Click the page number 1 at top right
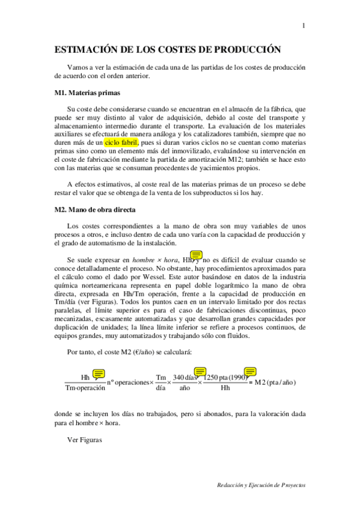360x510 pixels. pos(304,26)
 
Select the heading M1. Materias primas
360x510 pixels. pos(87,93)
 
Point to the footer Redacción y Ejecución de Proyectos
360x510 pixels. pos(262,484)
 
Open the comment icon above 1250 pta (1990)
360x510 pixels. pos(251,371)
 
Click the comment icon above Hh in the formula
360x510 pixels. pos(99,373)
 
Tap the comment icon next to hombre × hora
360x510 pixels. pos(196,255)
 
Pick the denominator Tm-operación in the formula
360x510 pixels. pos(85,388)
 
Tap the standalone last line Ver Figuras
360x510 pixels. pos(85,440)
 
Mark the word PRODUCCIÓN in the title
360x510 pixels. pos(248,51)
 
